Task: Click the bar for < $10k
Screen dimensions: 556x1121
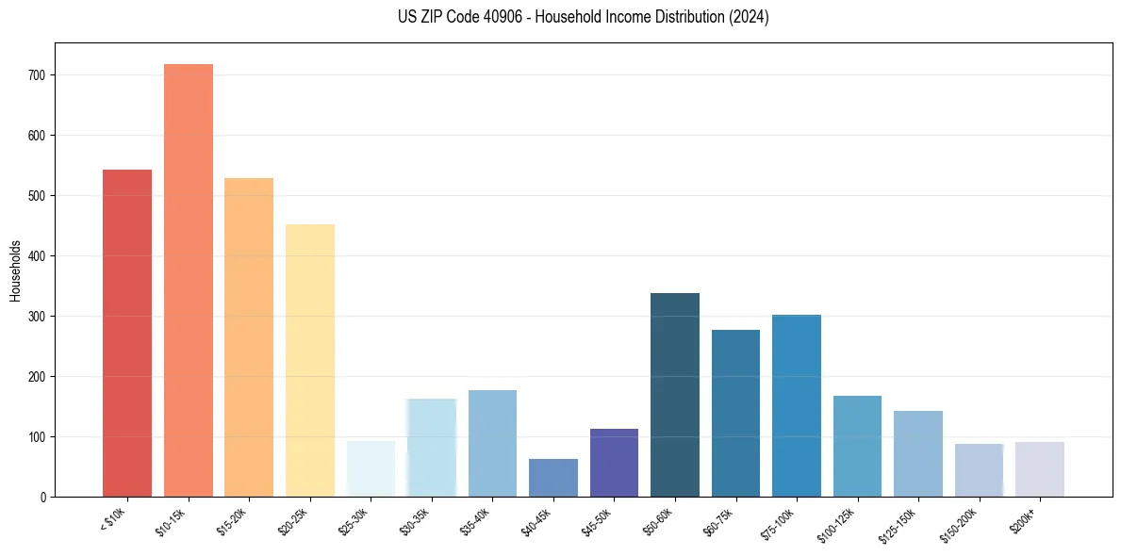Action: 127,334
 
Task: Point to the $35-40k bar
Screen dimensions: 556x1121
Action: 492,444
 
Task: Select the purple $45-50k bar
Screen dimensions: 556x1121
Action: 614,463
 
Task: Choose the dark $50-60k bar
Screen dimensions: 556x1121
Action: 675,395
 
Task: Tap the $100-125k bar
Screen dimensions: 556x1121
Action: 857,447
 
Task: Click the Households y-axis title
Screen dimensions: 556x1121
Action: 15,270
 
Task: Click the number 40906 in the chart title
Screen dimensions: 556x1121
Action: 514,17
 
